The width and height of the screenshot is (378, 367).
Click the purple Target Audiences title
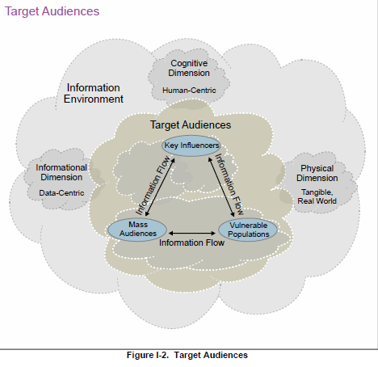[x=52, y=11]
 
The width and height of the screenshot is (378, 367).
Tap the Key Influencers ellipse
[x=191, y=146]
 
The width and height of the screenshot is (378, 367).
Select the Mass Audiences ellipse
[x=137, y=230]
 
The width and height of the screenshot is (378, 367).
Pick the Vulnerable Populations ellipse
[x=248, y=230]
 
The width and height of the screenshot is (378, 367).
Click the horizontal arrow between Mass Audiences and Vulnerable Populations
[x=192, y=233]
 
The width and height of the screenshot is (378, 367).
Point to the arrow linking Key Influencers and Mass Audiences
[x=160, y=187]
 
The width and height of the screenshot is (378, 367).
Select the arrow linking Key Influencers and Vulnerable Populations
[x=221, y=188]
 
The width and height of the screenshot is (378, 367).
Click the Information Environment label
[x=94, y=93]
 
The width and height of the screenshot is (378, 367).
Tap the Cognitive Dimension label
[x=189, y=68]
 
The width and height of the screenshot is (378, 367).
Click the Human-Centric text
[x=189, y=91]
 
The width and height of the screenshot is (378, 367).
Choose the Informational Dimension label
[x=61, y=172]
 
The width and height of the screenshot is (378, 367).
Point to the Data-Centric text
[x=61, y=193]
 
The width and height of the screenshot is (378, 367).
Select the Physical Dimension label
[x=317, y=173]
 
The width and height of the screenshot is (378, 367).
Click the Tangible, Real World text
[x=317, y=196]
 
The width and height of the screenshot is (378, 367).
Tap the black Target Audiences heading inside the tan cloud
[x=191, y=125]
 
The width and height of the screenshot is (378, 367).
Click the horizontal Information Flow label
[x=191, y=243]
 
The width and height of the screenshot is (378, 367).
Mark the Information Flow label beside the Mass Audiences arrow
[x=153, y=185]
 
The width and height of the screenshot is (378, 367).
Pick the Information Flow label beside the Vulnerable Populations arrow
[x=229, y=184]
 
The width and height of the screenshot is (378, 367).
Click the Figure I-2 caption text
[x=187, y=355]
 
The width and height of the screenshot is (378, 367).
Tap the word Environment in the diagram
[x=94, y=99]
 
